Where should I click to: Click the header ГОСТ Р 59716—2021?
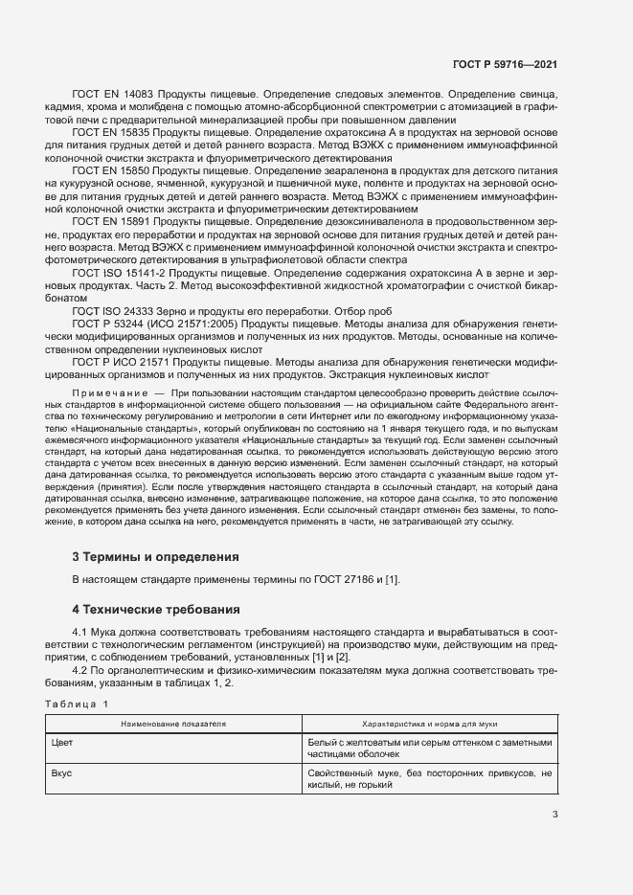[505, 64]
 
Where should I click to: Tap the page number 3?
[554, 816]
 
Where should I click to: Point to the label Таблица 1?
[78, 705]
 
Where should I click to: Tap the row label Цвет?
[61, 743]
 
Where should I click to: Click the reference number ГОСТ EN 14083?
[112, 96]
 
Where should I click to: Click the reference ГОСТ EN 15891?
[112, 220]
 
